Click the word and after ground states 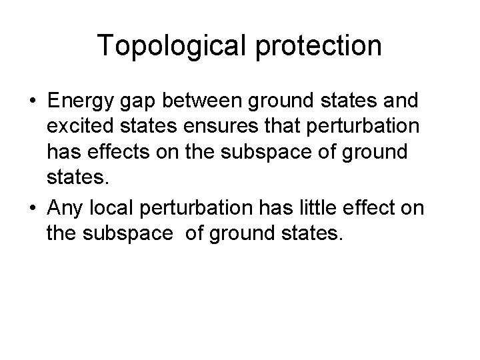[x=399, y=102]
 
